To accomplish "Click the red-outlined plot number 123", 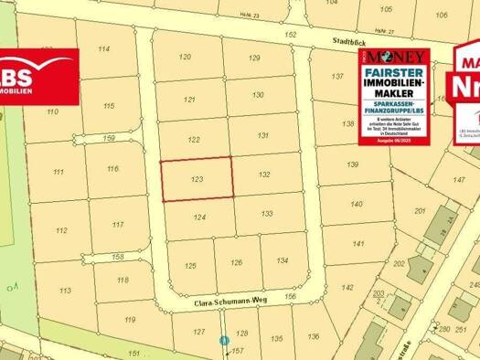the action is [197, 181].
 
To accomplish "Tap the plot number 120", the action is [186, 57].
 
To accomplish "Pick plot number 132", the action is [263, 174].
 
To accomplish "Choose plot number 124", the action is [200, 217].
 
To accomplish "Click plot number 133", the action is [266, 213].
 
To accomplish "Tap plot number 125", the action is [190, 266].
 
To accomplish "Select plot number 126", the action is [236, 263].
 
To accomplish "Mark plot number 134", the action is [282, 260].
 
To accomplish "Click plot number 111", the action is [59, 172].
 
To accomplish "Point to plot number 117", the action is [117, 224].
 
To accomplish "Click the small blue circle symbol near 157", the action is [224, 341].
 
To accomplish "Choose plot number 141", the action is [357, 244].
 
